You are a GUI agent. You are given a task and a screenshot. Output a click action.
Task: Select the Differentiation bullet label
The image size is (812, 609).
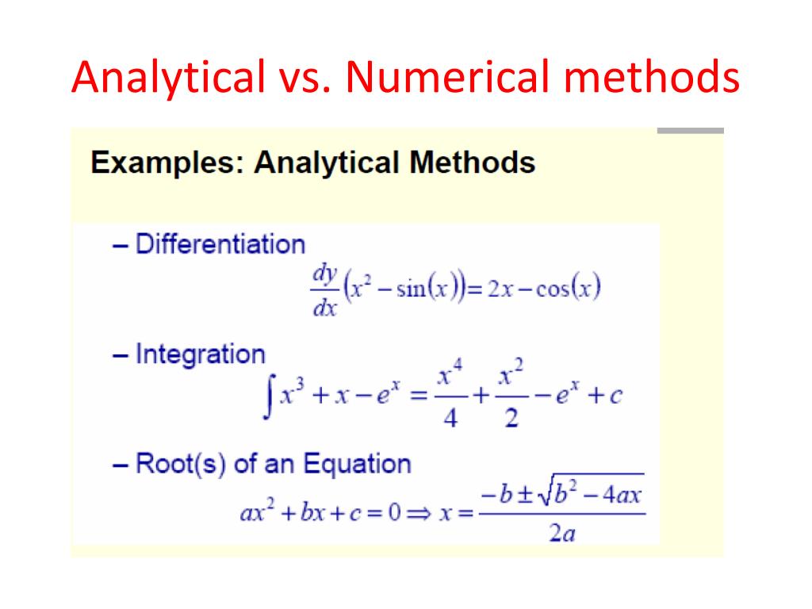(220, 244)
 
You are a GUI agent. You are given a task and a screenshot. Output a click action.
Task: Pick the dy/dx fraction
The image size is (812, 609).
(324, 290)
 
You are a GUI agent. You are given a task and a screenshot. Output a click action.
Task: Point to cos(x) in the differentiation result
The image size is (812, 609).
(568, 289)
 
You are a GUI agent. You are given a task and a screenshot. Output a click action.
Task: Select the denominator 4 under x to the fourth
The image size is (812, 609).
(450, 419)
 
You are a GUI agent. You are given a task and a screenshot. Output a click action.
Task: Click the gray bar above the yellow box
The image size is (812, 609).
(691, 131)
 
